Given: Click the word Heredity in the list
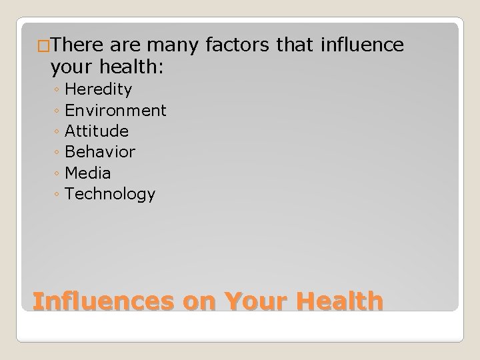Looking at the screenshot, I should (x=99, y=89).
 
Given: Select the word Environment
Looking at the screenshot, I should (x=116, y=110).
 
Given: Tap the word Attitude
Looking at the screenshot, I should (x=97, y=131).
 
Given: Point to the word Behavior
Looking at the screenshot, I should (x=100, y=152).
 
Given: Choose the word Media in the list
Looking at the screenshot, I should (x=88, y=173).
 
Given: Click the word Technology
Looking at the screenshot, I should (x=110, y=195).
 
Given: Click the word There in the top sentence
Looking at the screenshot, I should (x=75, y=46).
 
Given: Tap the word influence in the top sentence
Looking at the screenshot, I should (x=362, y=46).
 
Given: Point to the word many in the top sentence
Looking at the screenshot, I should (x=164, y=46).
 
